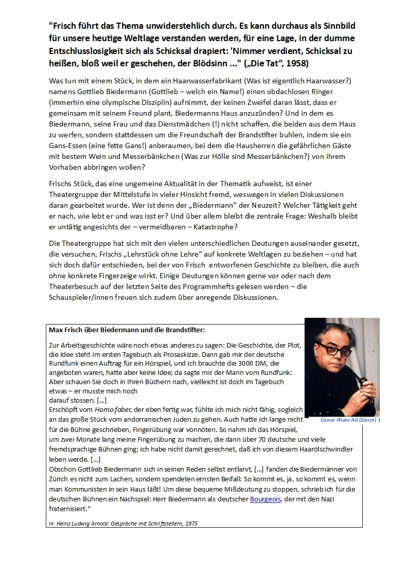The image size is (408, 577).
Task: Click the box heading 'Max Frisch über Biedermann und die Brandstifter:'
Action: (127, 330)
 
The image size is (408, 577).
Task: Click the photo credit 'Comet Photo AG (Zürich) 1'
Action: (350, 420)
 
